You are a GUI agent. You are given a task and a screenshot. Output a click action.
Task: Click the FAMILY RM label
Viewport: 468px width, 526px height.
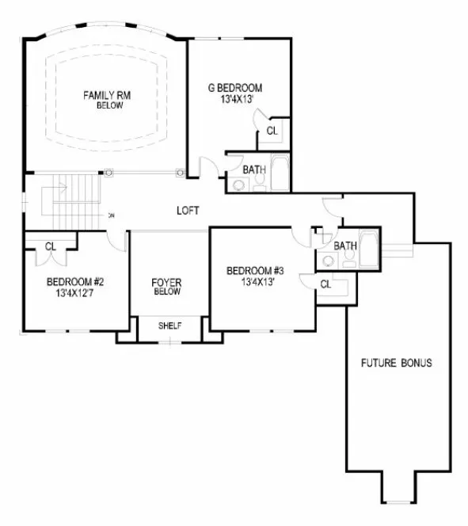[106, 96]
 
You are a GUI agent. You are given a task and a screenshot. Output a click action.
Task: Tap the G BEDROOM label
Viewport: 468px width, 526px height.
[234, 88]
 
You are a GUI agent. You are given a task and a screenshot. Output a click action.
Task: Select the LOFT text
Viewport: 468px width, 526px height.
[188, 211]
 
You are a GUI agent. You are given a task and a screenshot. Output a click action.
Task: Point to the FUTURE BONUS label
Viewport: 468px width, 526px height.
[396, 364]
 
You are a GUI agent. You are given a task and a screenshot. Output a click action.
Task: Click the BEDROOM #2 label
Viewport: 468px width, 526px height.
[75, 281]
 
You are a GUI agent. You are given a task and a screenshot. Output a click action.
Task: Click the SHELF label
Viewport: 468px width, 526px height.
[170, 326]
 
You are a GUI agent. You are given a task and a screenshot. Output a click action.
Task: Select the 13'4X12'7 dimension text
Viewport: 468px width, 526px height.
[75, 292]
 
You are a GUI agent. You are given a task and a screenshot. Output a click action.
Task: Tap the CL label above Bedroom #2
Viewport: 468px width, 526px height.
[50, 246]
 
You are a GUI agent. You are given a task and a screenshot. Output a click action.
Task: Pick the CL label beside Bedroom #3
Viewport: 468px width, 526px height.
[326, 284]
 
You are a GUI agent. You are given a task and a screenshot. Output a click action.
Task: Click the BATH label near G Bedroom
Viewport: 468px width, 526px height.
[253, 169]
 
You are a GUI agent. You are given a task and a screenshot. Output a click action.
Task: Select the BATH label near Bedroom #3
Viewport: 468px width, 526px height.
[344, 246]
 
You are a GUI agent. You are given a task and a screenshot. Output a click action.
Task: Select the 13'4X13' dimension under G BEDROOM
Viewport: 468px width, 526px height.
[234, 99]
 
